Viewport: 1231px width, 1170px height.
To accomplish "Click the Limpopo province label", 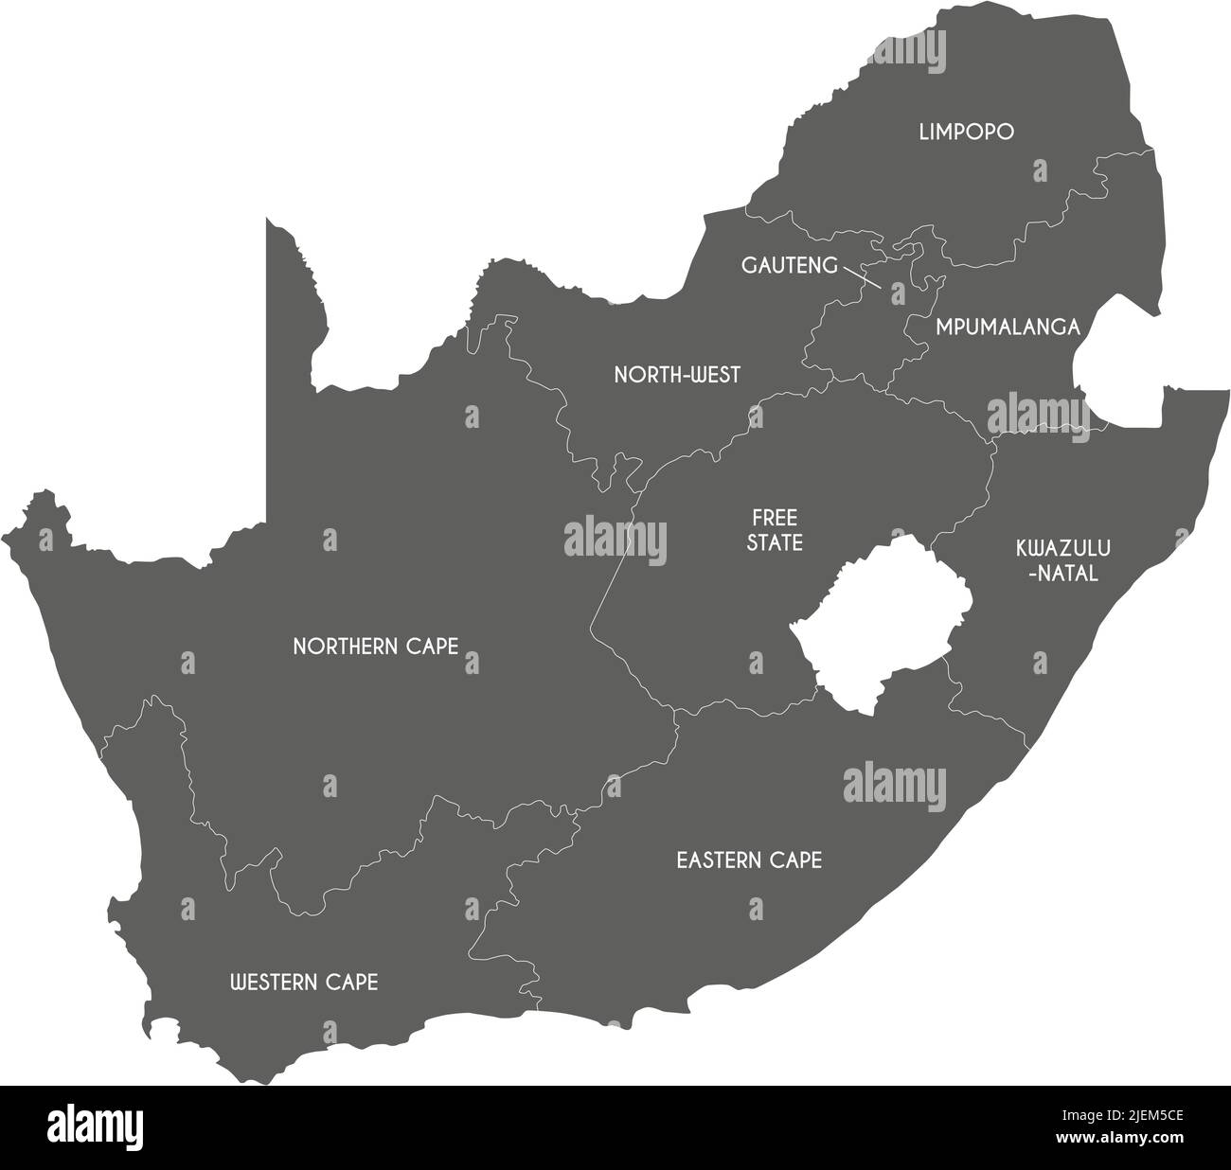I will point(966,132).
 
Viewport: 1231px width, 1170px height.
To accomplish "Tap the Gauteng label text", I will point(789,265).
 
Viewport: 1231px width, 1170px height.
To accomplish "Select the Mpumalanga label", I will point(1008,328).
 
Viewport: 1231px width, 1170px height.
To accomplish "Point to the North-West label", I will point(677,375).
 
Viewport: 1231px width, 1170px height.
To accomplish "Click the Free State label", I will point(776,530).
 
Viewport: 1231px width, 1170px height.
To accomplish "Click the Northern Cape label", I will point(375,647).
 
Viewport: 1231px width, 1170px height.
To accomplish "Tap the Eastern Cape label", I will point(748,860).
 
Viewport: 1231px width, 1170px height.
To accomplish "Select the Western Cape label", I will point(304,983).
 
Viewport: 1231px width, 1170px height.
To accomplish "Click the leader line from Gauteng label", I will point(861,276).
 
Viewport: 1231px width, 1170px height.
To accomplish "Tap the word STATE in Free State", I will point(776,543).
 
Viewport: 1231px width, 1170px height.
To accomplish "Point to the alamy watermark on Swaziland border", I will point(1037,415).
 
